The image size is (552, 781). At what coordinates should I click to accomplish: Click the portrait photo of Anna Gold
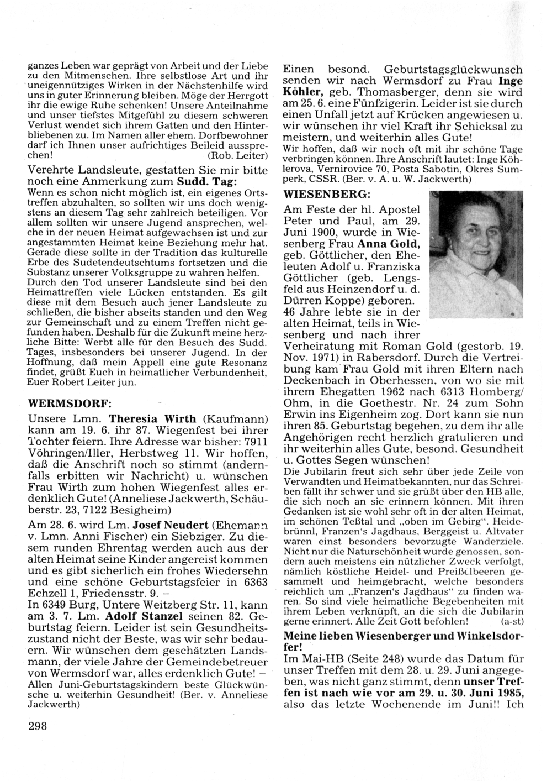click(x=475, y=255)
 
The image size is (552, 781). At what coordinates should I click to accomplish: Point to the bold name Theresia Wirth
click(x=144, y=419)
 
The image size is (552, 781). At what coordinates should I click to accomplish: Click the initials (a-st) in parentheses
click(x=509, y=621)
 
